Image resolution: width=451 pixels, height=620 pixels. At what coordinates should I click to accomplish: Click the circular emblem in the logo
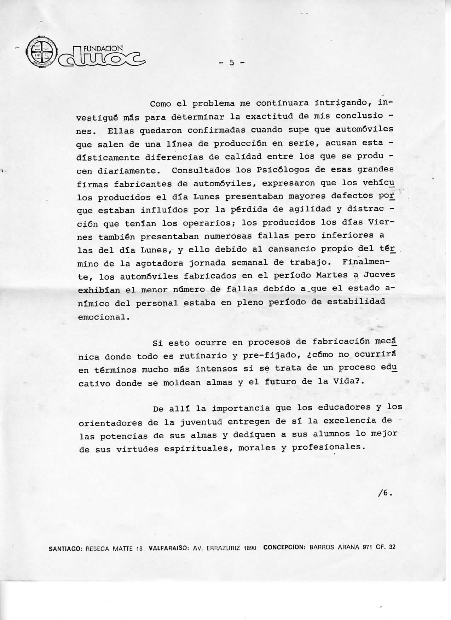click(41, 52)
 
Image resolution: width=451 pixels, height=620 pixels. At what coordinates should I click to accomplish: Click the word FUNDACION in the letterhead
click(103, 48)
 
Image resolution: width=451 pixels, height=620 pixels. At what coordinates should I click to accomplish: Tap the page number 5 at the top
click(232, 63)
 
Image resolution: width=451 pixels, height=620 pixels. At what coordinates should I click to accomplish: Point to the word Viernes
click(379, 223)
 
